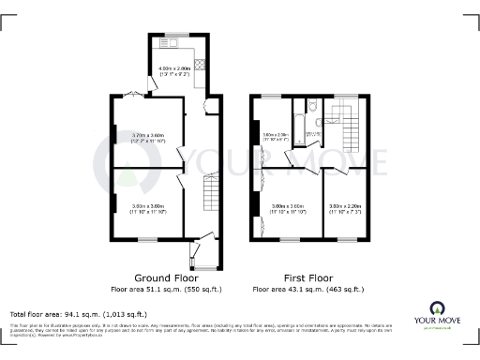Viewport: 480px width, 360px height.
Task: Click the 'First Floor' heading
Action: pos(307,278)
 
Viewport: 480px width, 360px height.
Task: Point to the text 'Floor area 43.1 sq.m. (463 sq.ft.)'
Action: pos(307,290)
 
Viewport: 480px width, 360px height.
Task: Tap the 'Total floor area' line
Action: pos(78,313)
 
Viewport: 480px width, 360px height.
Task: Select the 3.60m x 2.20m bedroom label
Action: pos(345,208)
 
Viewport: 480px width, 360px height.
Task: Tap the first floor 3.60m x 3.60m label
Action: pos(287,208)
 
